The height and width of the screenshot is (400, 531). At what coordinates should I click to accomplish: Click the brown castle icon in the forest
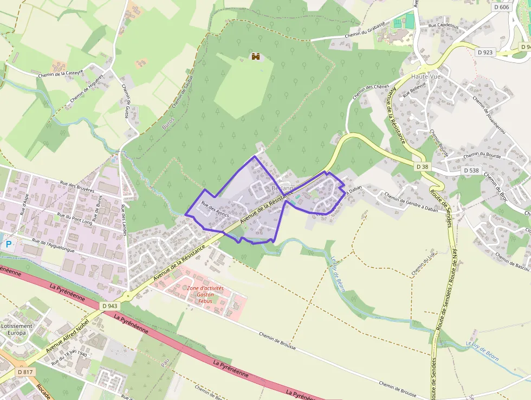coord(256,56)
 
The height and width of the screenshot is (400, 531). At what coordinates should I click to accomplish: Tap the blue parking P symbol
coord(8,244)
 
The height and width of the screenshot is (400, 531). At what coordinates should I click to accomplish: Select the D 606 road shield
coord(502,7)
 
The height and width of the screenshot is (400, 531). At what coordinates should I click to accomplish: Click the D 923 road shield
coord(485,53)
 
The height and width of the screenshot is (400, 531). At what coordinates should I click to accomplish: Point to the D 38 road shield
coord(423,166)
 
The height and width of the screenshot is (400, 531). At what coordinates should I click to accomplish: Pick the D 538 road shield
coord(471,170)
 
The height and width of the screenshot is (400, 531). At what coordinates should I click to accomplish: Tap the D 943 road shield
coord(109,306)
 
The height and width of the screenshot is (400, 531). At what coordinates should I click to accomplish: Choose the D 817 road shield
coord(24,372)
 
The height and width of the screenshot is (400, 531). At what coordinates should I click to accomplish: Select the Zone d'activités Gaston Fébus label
coord(205,294)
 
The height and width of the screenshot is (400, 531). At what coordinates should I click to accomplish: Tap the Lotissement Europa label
coord(16,329)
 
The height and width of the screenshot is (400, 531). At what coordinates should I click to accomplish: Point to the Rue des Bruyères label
coord(77,187)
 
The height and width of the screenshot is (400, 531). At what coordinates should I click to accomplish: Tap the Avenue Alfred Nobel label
coord(67,336)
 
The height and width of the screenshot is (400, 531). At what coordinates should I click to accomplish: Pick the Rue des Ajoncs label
coord(215,209)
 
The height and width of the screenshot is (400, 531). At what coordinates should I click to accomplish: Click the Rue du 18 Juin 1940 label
coord(69,358)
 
